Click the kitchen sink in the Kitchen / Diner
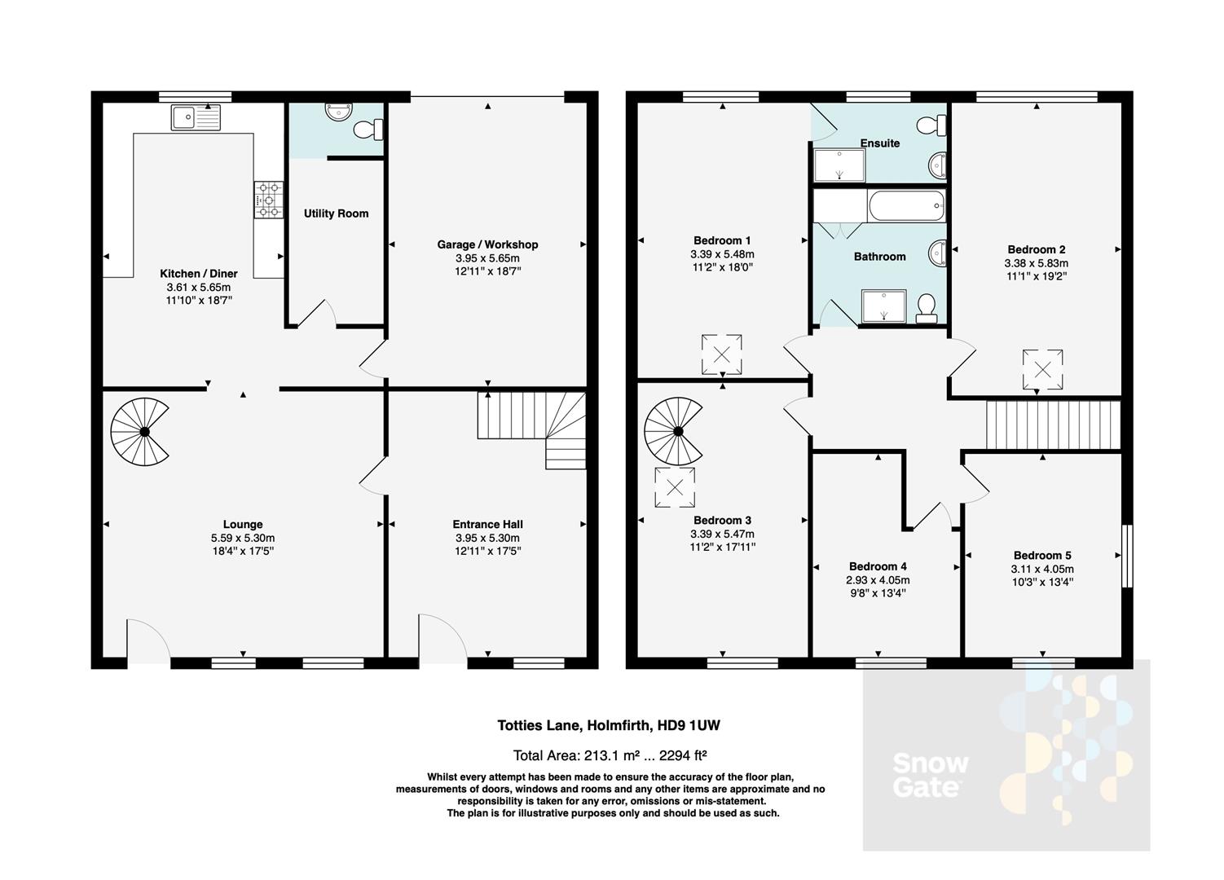coord(196,118)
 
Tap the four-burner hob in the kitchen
coord(269,200)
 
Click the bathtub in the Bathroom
coord(905,206)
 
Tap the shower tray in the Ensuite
coord(839,165)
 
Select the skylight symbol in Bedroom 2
coord(1043,369)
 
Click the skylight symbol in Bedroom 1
coord(722,354)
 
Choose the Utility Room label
coord(336,213)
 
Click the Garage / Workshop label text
coord(487,244)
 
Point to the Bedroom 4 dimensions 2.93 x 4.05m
coord(878,580)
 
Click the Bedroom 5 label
coord(1042,556)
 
